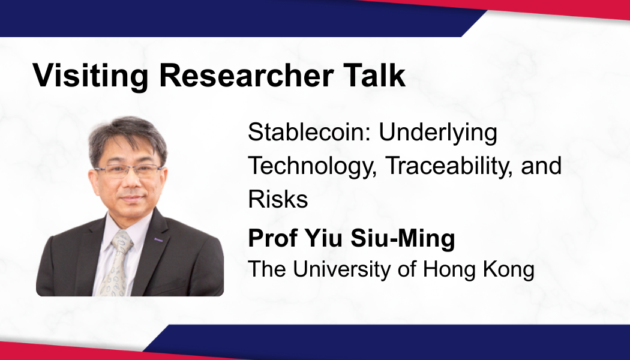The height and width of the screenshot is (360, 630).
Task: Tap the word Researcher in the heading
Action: pyautogui.click(x=246, y=75)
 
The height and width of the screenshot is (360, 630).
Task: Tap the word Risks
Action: pyautogui.click(x=278, y=199)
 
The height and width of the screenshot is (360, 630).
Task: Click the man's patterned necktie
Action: pyautogui.click(x=117, y=263)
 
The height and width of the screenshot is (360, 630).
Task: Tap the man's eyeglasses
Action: pyautogui.click(x=128, y=171)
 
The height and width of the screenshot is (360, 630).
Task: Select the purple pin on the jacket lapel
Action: pyautogui.click(x=159, y=240)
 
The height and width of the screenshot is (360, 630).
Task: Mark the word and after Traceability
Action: pyautogui.click(x=541, y=165)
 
